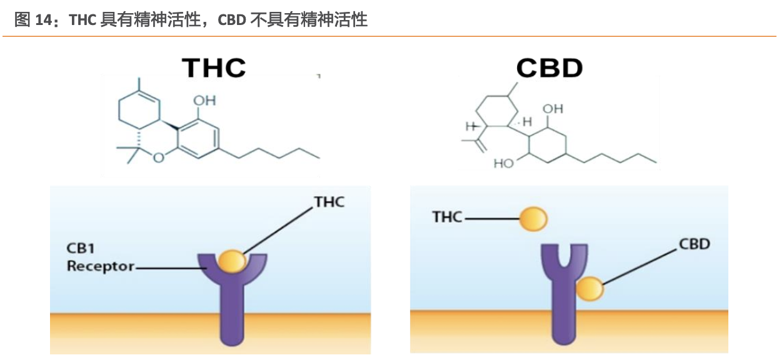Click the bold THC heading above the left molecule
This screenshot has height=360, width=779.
(x=213, y=67)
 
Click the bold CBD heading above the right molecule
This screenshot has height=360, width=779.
(x=550, y=67)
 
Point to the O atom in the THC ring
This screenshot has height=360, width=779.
(x=158, y=157)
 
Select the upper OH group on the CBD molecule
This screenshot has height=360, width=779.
(x=553, y=109)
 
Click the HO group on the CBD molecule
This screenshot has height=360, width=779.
(x=503, y=164)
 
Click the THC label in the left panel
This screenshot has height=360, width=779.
(x=329, y=201)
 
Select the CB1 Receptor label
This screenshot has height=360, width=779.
(x=100, y=257)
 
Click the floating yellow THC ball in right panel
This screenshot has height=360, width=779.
(x=533, y=219)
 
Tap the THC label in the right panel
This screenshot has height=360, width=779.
(x=448, y=217)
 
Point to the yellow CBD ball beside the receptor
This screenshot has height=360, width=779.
(x=590, y=289)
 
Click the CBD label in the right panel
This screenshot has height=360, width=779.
(x=694, y=244)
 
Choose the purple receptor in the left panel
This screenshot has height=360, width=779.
(x=232, y=300)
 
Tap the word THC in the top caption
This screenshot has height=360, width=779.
(x=83, y=20)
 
